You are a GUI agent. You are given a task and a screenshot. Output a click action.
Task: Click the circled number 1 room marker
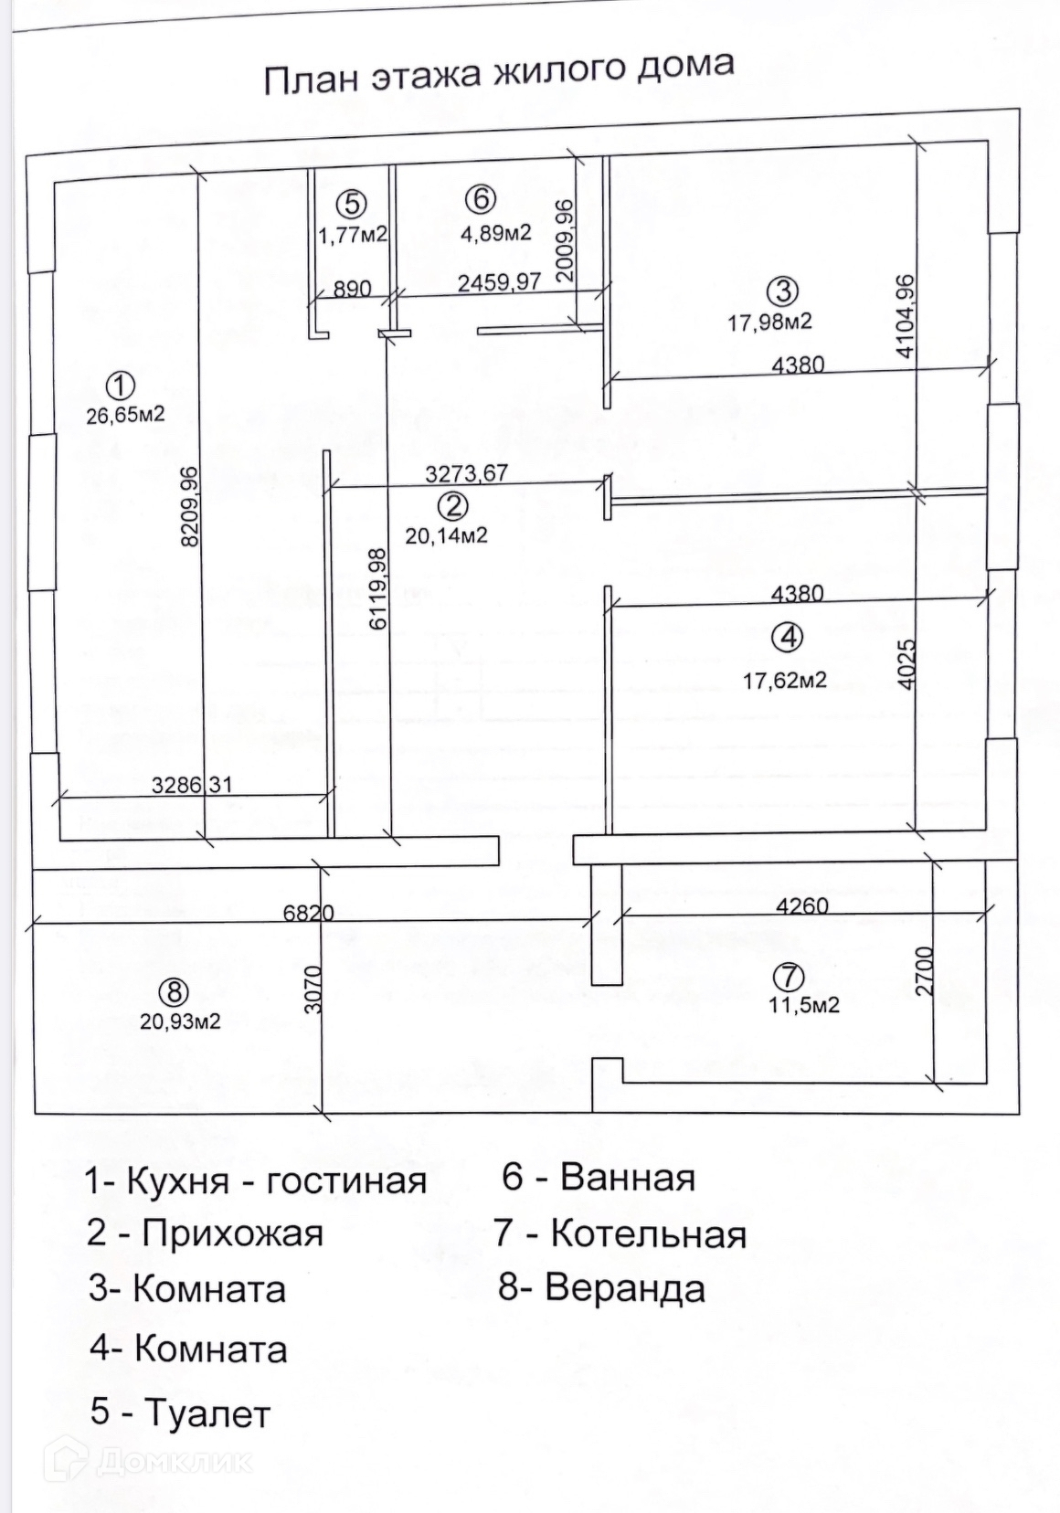tap(120, 386)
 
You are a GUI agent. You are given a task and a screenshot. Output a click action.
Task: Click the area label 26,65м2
tap(125, 415)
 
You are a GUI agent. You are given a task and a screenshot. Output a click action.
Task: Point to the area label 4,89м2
tap(496, 234)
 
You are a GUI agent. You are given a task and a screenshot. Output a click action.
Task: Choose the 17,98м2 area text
tap(770, 321)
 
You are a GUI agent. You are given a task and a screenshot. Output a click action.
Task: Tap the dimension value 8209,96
tap(190, 507)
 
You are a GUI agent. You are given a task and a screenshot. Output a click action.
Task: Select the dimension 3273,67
tap(466, 473)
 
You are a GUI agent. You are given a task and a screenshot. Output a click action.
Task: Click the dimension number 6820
tap(308, 912)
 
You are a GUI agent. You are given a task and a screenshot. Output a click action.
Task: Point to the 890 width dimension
tap(352, 289)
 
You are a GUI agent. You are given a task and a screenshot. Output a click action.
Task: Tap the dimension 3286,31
tap(192, 784)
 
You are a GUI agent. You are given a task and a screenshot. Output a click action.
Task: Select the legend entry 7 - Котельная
tap(620, 1234)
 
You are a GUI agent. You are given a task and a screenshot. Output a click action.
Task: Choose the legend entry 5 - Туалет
tap(180, 1412)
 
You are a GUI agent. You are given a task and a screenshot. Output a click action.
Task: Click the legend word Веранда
tap(625, 1288)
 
